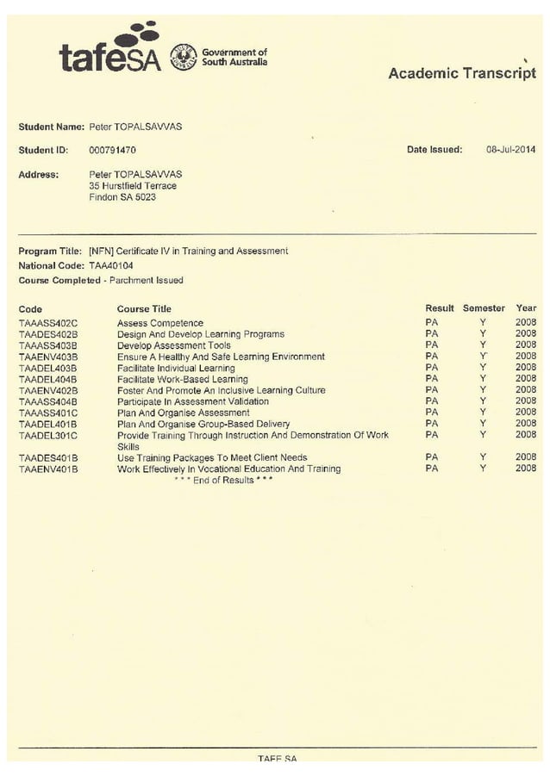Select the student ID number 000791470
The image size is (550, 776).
click(x=112, y=150)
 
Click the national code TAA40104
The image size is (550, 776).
click(x=110, y=266)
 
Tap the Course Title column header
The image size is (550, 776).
click(x=144, y=308)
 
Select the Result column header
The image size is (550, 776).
click(x=439, y=308)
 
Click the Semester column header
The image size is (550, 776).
click(x=484, y=308)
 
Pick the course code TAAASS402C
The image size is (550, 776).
click(x=48, y=323)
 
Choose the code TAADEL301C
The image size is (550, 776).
click(x=48, y=436)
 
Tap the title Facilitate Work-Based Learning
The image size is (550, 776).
click(x=182, y=379)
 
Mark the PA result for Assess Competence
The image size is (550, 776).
click(x=432, y=323)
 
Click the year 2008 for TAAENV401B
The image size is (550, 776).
click(x=525, y=469)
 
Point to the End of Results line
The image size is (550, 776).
click(x=222, y=481)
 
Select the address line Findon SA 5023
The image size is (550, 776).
click(x=122, y=197)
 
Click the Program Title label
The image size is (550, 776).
click(x=50, y=251)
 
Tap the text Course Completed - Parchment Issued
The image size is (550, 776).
click(x=101, y=281)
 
